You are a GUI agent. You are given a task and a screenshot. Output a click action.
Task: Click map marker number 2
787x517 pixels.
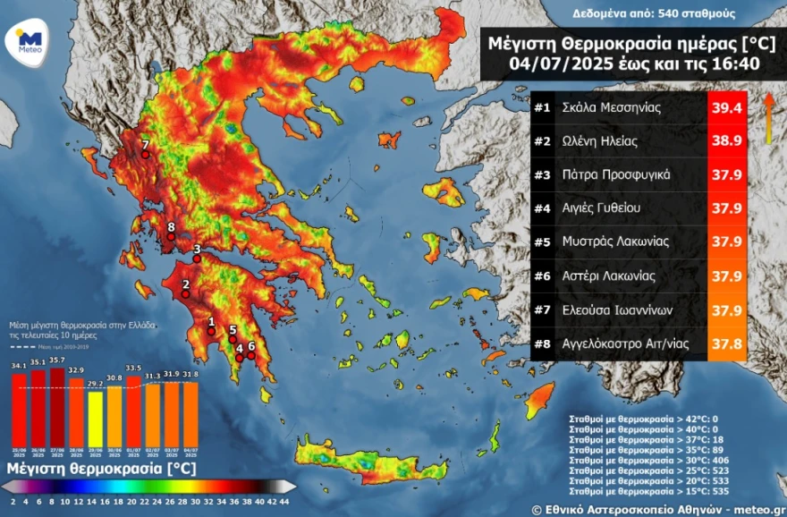[x=186, y=293]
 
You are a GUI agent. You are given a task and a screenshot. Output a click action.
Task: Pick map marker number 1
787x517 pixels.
[x=212, y=330]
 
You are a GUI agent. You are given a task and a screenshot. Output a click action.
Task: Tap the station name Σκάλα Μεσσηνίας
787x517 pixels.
[x=611, y=108]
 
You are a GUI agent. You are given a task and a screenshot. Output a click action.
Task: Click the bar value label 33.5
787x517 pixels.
[x=133, y=368]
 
